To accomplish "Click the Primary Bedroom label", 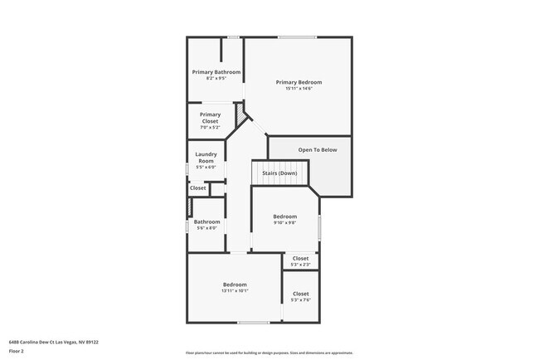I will (299, 82).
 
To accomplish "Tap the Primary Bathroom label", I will (216, 72).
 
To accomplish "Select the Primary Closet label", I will (210, 118).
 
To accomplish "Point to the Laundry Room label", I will (206, 157).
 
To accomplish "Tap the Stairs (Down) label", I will (279, 173).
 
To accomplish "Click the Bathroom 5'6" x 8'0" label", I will (206, 221).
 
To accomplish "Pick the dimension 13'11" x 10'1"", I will (235, 291).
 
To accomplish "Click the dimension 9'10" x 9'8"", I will (285, 223).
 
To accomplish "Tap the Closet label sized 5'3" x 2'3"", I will (300, 258).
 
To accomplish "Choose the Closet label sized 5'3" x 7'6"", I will (300, 294).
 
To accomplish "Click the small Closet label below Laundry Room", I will (198, 188).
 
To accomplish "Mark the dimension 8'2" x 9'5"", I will (216, 79).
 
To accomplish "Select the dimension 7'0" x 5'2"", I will (210, 128).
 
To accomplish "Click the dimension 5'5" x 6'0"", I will (206, 167).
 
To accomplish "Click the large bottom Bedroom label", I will (235, 285).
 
